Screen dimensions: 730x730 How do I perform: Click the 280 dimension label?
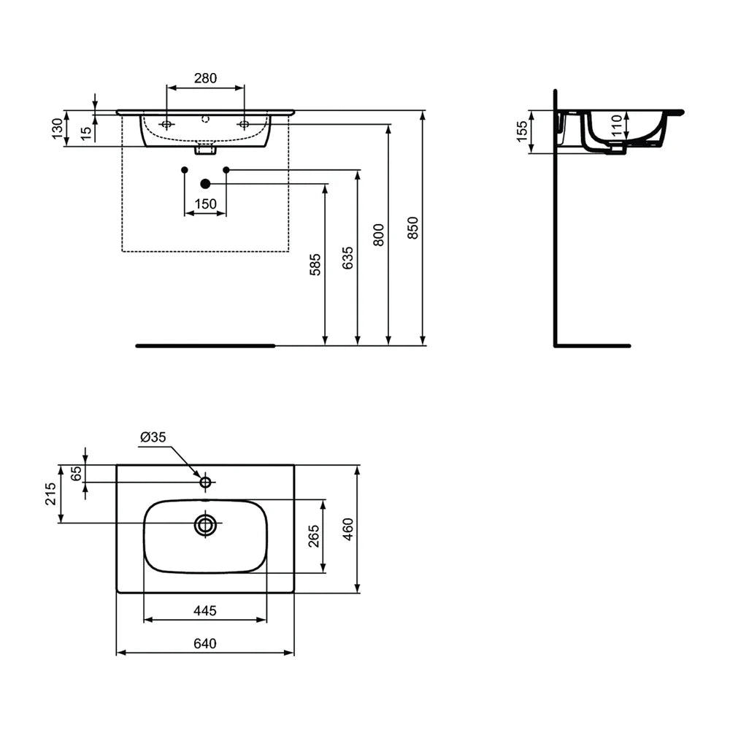[205, 79]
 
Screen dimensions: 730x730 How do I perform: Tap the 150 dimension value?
[205, 205]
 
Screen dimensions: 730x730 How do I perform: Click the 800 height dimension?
[379, 234]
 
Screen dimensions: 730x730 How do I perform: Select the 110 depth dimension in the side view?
[617, 126]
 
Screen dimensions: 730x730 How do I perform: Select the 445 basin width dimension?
[205, 610]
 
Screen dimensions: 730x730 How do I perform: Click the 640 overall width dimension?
[205, 643]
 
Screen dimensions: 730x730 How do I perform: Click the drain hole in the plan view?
[206, 523]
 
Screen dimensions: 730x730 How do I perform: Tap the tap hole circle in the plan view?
[205, 482]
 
